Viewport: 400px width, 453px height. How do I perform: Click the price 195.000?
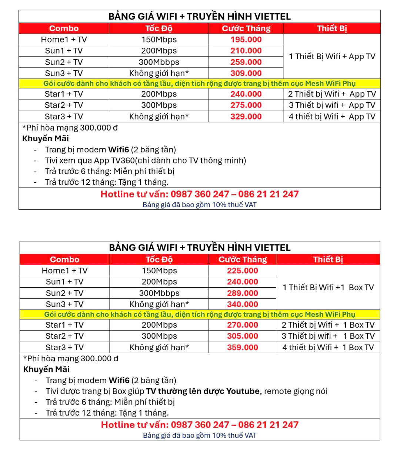pyautogui.click(x=246, y=40)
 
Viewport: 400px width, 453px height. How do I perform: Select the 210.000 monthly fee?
pyautogui.click(x=246, y=51)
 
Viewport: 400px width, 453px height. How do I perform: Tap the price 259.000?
pyautogui.click(x=246, y=62)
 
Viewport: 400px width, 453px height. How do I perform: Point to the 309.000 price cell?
pyautogui.click(x=246, y=73)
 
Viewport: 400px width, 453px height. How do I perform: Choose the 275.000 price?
pyautogui.click(x=246, y=105)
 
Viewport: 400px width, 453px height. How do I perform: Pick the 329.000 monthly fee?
pyautogui.click(x=246, y=116)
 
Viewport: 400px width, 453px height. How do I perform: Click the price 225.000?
pyautogui.click(x=243, y=271)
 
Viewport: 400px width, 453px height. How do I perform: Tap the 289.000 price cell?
pyautogui.click(x=243, y=293)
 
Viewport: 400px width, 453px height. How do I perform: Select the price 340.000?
pyautogui.click(x=243, y=304)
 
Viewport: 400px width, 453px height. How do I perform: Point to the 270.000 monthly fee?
pyautogui.click(x=243, y=325)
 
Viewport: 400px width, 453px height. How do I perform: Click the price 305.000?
pyautogui.click(x=243, y=336)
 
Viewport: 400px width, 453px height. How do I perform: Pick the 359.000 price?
pyautogui.click(x=243, y=348)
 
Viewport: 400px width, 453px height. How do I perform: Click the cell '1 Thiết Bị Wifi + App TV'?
pyautogui.click(x=332, y=57)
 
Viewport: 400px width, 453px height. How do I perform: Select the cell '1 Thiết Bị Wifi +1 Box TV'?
pyautogui.click(x=328, y=287)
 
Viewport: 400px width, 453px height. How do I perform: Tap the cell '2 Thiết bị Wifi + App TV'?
pyautogui.click(x=332, y=94)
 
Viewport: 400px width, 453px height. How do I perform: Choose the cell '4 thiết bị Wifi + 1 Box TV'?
pyautogui.click(x=328, y=348)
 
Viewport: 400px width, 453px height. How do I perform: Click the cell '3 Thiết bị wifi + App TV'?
pyautogui.click(x=332, y=105)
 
